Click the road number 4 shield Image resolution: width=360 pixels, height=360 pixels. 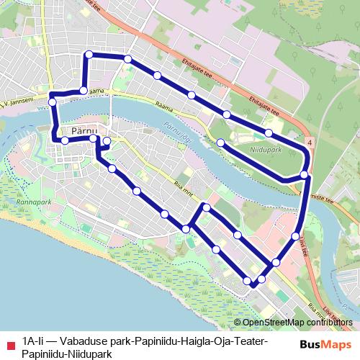309,143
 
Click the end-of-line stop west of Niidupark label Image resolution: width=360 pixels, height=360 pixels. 220,143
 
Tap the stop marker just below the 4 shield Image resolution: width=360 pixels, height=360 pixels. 305,175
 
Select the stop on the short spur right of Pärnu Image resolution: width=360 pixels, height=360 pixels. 107,141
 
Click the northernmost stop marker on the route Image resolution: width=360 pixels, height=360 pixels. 89,55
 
